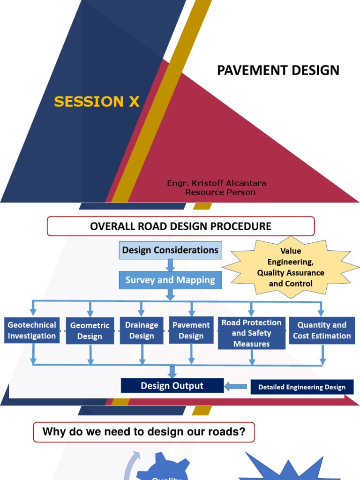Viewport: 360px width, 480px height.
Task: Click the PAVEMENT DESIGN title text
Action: click(278, 70)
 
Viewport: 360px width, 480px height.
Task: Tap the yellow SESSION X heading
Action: click(97, 102)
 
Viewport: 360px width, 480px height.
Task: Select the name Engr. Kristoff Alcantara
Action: click(217, 183)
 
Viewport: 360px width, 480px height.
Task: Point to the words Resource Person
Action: click(220, 192)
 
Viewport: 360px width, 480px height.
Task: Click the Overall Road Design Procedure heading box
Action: click(180, 226)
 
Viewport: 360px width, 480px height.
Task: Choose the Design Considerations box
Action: click(170, 250)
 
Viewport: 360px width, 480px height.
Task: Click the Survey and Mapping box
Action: click(170, 280)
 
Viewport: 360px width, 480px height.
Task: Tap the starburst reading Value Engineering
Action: click(291, 267)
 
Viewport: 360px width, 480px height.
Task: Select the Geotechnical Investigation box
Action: click(32, 330)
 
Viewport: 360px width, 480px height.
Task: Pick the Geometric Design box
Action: click(90, 330)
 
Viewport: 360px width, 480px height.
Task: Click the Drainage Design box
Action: click(142, 330)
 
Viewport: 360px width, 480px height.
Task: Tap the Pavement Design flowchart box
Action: click(191, 330)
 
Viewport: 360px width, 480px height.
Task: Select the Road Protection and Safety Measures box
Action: click(252, 333)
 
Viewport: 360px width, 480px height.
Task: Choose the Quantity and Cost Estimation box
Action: click(322, 330)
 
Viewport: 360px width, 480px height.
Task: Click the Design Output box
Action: click(172, 386)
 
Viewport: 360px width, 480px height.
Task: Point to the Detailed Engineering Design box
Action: click(302, 387)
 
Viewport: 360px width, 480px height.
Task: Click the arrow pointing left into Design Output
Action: click(237, 387)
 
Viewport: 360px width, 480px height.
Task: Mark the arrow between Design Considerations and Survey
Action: click(171, 265)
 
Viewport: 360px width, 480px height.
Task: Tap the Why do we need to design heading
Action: click(144, 432)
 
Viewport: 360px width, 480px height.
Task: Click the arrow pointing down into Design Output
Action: click(172, 371)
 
